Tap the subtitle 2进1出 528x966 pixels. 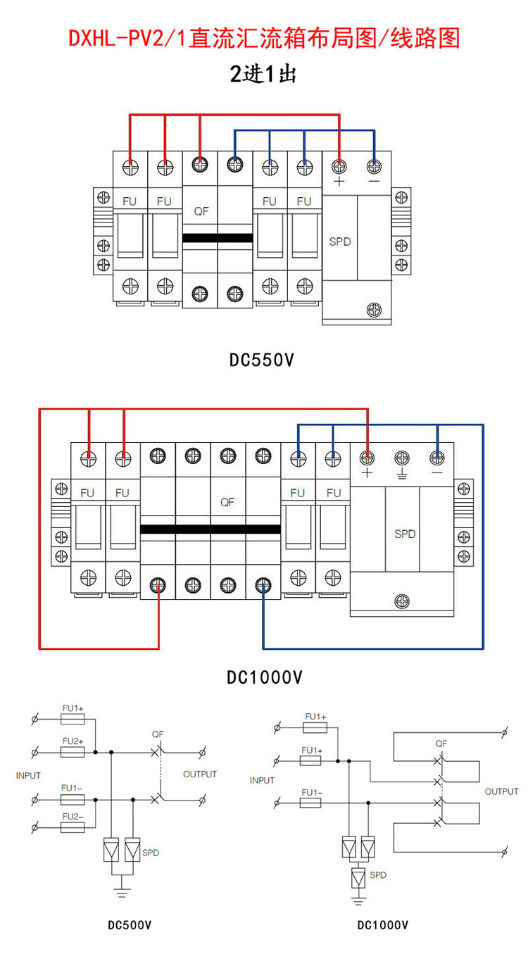pos(263,74)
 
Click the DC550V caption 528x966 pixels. pos(261,360)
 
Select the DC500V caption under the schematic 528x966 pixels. pos(130,924)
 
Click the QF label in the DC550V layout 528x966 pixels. pos(201,211)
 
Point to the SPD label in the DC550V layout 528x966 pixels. pos(340,241)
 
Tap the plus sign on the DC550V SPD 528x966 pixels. pos(339,182)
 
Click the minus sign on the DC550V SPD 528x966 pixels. pos(374,182)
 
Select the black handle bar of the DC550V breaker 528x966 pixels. pos(218,237)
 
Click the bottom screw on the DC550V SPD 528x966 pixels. pos(374,308)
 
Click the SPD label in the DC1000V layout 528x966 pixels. pos(406,534)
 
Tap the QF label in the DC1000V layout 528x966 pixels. pos(227,502)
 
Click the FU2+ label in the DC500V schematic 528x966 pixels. pos(73,741)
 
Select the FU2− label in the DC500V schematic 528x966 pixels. pos(73,817)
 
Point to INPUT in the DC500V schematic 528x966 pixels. pos(28,775)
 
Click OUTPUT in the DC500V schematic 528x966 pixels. pos(200,774)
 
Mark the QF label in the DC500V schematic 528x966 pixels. pos(158,734)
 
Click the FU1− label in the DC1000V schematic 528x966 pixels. pos(310,793)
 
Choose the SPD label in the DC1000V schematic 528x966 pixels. pos(378,875)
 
